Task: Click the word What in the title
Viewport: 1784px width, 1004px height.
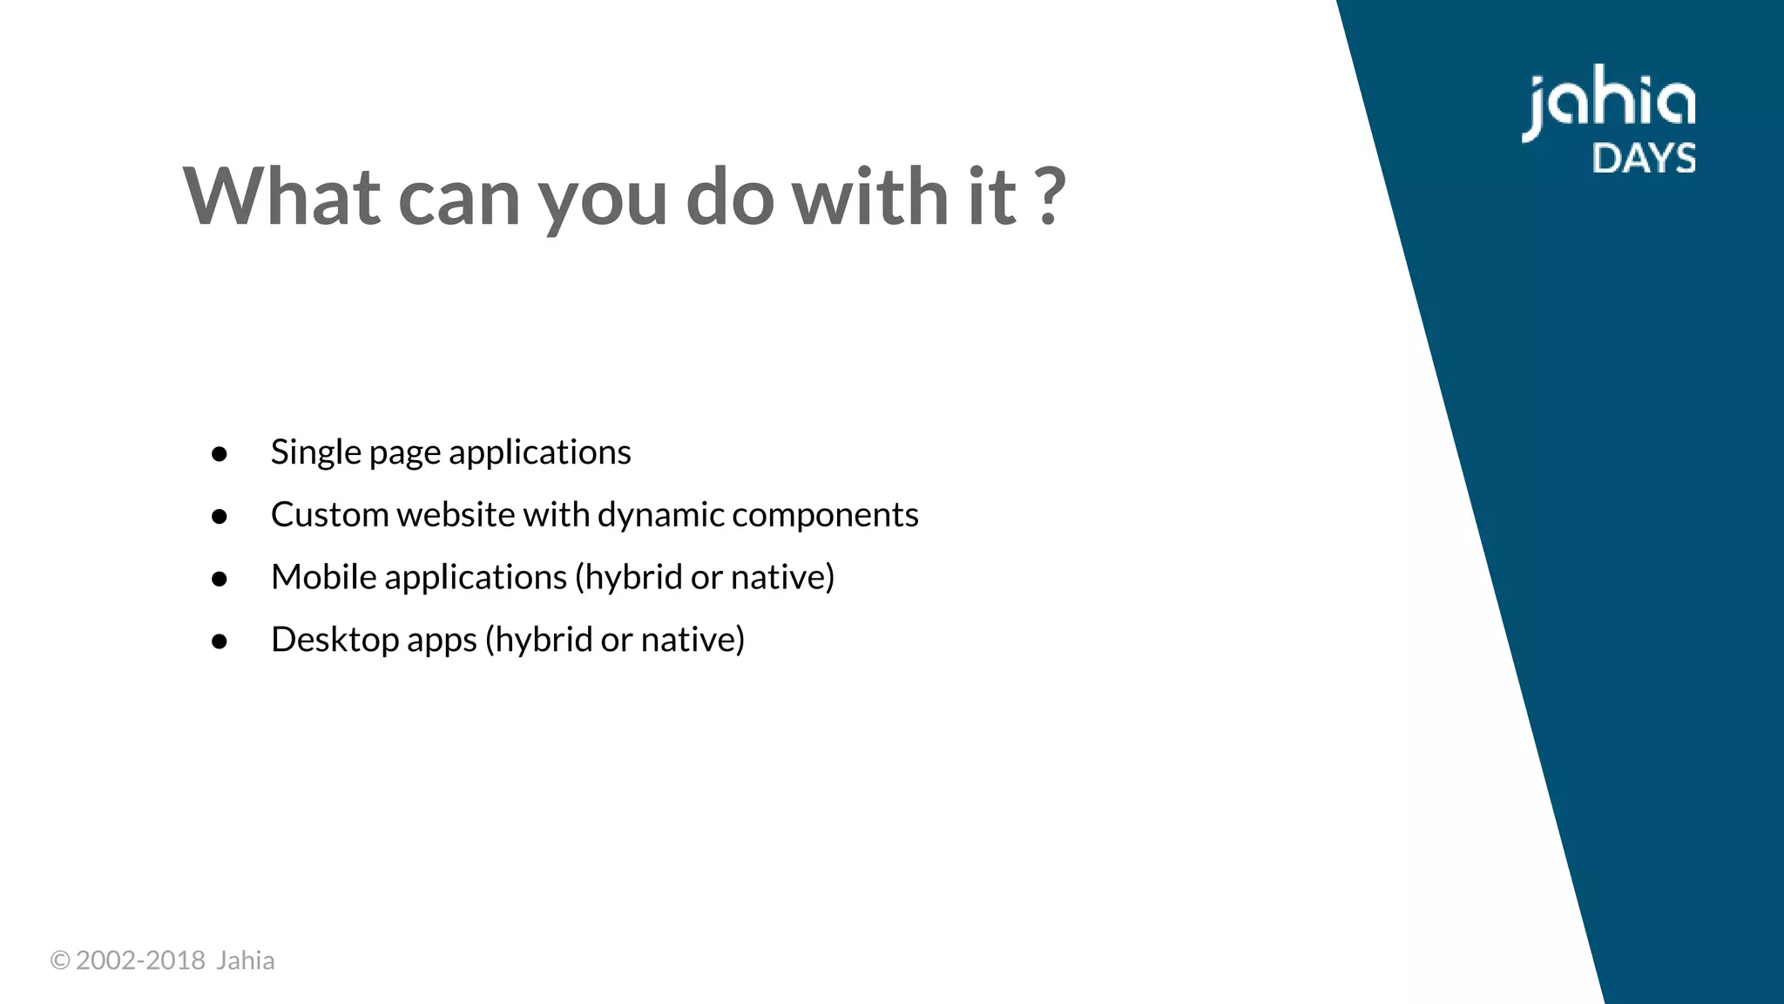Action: (x=281, y=197)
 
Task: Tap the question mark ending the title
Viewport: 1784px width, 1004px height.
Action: (x=1052, y=197)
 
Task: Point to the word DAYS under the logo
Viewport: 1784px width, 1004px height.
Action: (x=1644, y=159)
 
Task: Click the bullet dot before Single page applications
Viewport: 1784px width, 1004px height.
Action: (x=220, y=454)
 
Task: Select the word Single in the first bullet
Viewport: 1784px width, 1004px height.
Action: (x=315, y=452)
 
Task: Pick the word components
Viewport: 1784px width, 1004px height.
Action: (x=825, y=515)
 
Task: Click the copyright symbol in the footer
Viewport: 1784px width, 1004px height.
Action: (x=59, y=960)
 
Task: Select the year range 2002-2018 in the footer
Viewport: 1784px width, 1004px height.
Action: (x=140, y=960)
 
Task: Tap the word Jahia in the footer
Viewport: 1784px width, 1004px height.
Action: (x=245, y=960)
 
